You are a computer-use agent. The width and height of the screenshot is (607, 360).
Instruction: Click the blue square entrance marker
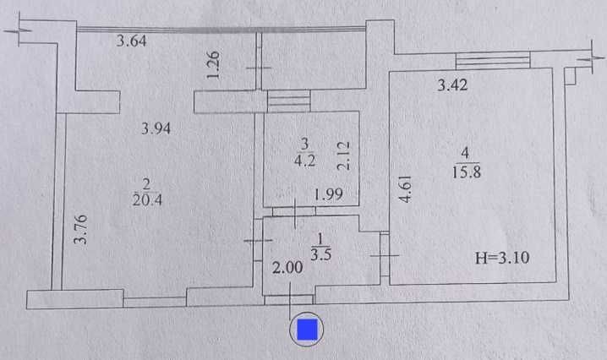pyautogui.click(x=306, y=330)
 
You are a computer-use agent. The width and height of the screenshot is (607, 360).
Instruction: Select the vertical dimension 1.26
pyautogui.click(x=214, y=65)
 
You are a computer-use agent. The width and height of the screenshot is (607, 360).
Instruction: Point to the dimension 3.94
pyautogui.click(x=156, y=129)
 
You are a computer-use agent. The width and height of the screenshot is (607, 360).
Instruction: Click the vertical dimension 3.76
pyautogui.click(x=81, y=228)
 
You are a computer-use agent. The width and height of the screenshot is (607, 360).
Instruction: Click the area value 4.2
pyautogui.click(x=305, y=156)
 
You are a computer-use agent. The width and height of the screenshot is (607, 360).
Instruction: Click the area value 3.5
pyautogui.click(x=320, y=254)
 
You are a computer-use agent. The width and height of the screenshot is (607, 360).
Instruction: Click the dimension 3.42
pyautogui.click(x=452, y=85)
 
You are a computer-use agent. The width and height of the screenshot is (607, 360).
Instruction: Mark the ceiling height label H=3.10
pyautogui.click(x=504, y=259)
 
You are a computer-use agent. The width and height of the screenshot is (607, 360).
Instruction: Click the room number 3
pyautogui.click(x=305, y=141)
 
